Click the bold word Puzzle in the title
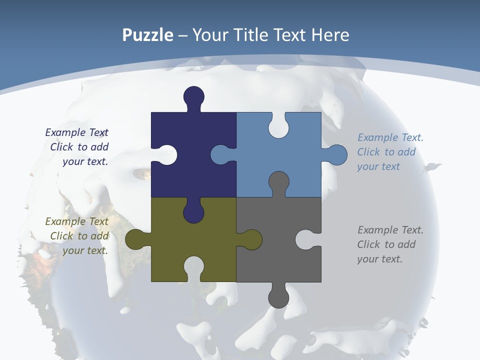tap(147, 35)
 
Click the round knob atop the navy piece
tap(193, 96)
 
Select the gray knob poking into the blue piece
tap(278, 182)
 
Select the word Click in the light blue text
tap(369, 152)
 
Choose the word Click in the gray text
tap(369, 244)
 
